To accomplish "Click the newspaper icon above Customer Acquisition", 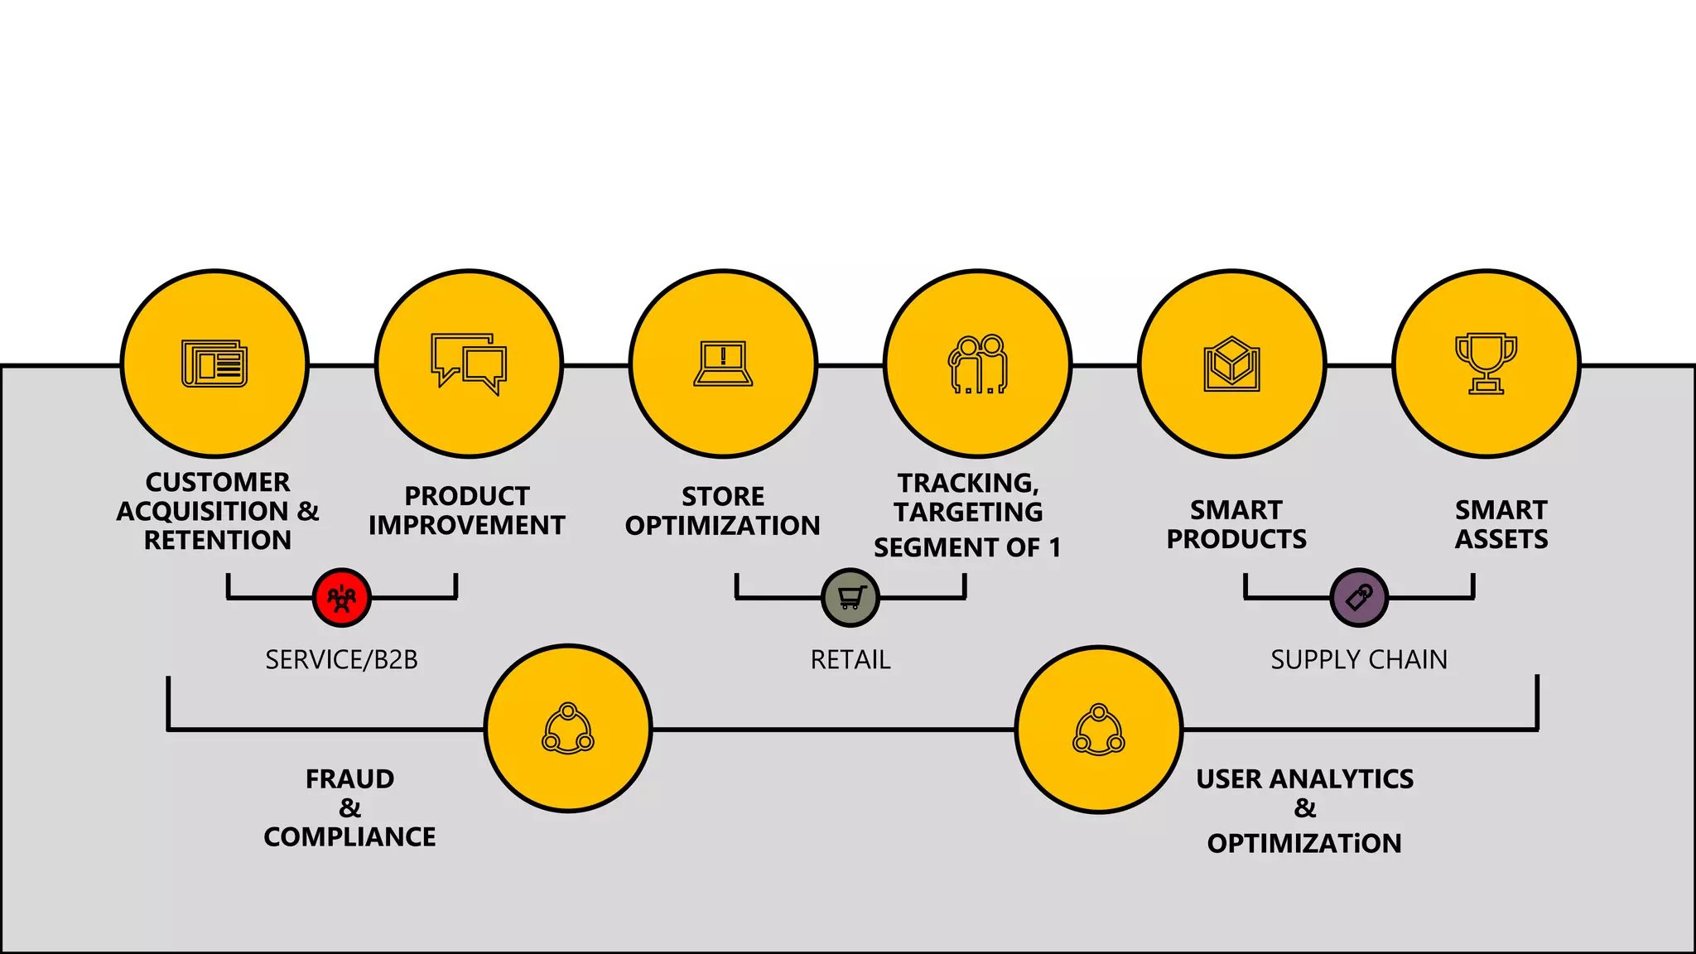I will pyautogui.click(x=214, y=364).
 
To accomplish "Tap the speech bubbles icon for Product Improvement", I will pyautogui.click(x=469, y=364).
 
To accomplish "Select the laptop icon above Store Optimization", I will pyautogui.click(x=723, y=364).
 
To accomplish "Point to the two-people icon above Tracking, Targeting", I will pyautogui.click(x=978, y=364).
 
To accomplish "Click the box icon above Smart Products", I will pyautogui.click(x=1232, y=364).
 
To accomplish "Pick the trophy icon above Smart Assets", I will pyautogui.click(x=1486, y=364).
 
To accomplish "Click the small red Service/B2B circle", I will pyautogui.click(x=341, y=597).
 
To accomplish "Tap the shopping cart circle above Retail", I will pyautogui.click(x=850, y=597).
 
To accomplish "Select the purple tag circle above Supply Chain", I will pyautogui.click(x=1359, y=597).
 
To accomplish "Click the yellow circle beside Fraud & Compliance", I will pyautogui.click(x=568, y=729).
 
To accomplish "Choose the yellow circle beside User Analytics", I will pyautogui.click(x=1099, y=729).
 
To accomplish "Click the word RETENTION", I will pyautogui.click(x=218, y=540).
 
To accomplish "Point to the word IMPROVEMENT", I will pyautogui.click(x=467, y=525).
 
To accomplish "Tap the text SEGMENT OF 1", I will pyautogui.click(x=967, y=547).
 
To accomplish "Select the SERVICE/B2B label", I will pyautogui.click(x=341, y=659).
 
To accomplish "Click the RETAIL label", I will pyautogui.click(x=850, y=659).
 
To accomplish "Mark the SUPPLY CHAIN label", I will pyautogui.click(x=1359, y=659).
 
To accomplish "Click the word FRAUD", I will pyautogui.click(x=349, y=778).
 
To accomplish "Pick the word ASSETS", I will pyautogui.click(x=1501, y=539).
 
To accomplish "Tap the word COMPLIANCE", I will pyautogui.click(x=349, y=836).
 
